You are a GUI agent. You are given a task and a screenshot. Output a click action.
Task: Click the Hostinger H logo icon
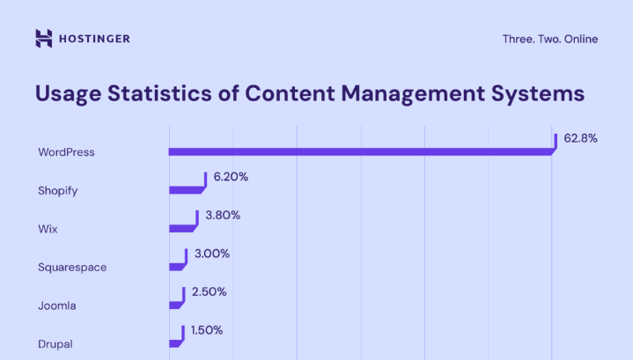pyautogui.click(x=44, y=38)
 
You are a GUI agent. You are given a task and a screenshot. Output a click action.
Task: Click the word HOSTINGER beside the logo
pyautogui.click(x=95, y=39)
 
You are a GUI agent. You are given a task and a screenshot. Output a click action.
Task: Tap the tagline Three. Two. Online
pyautogui.click(x=549, y=39)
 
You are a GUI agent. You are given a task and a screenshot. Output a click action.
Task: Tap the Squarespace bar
pyautogui.click(x=176, y=266)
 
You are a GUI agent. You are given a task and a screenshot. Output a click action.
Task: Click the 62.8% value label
pyautogui.click(x=581, y=138)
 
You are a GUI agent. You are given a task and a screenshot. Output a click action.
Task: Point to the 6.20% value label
pyautogui.click(x=231, y=177)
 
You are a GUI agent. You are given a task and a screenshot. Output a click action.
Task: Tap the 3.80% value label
pyautogui.click(x=223, y=215)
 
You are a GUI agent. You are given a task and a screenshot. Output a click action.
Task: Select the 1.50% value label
pyautogui.click(x=206, y=330)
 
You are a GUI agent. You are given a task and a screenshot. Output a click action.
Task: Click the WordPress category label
pyautogui.click(x=66, y=152)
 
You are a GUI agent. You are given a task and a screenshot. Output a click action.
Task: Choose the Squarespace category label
pyautogui.click(x=72, y=267)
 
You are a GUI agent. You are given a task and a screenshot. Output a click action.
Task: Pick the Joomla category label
pyautogui.click(x=57, y=305)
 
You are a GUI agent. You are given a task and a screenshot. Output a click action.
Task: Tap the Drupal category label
pyautogui.click(x=56, y=343)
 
